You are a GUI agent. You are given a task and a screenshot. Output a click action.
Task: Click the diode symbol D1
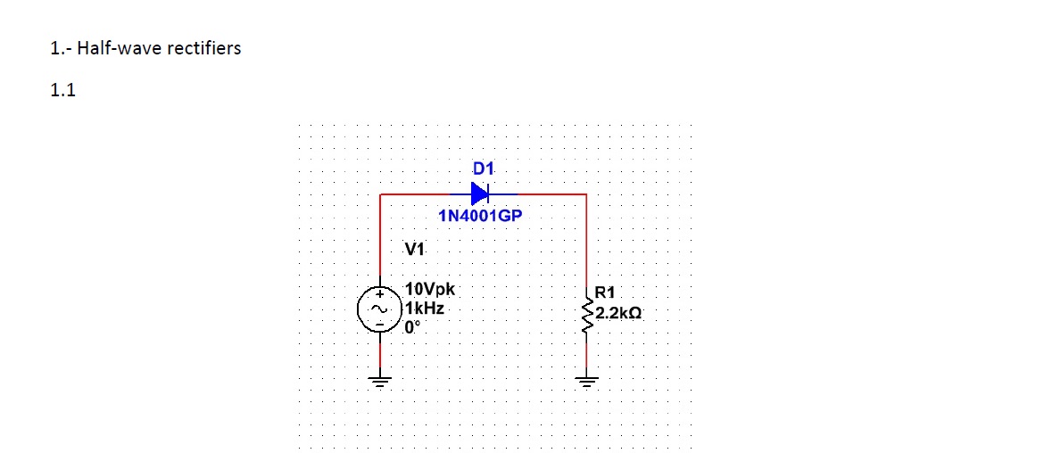click(480, 193)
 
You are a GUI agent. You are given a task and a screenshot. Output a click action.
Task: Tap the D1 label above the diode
click(483, 168)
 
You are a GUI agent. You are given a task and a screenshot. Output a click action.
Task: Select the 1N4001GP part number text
click(479, 216)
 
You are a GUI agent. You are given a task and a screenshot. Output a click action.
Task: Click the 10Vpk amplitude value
click(430, 290)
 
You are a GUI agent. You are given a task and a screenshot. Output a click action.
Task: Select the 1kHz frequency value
click(425, 308)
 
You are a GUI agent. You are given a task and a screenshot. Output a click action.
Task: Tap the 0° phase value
click(412, 326)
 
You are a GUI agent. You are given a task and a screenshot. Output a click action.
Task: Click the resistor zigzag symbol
click(586, 313)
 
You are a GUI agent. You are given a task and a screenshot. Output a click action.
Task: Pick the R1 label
click(604, 292)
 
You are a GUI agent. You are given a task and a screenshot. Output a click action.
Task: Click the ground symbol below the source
click(380, 383)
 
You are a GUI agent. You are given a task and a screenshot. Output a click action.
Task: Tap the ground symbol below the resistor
click(586, 383)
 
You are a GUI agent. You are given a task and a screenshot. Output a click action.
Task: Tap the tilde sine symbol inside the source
click(377, 309)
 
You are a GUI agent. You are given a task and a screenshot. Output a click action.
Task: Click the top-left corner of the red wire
click(381, 194)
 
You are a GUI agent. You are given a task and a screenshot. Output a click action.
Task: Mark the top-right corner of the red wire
click(586, 194)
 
